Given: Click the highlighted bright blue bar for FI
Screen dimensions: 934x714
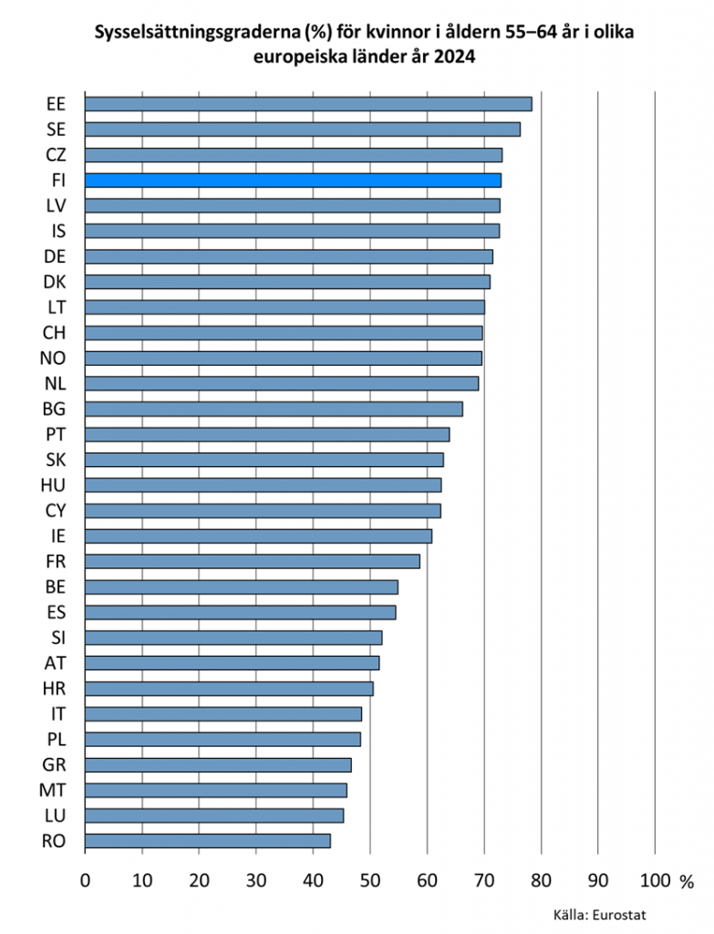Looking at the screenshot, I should [293, 181].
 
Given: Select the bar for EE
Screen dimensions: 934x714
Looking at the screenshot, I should [308, 104].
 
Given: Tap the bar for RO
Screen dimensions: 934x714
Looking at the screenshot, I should [208, 841].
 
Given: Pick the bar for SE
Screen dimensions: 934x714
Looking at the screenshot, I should [303, 130].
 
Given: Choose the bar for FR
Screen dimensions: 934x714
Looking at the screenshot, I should [253, 561].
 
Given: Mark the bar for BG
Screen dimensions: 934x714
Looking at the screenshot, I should [274, 409].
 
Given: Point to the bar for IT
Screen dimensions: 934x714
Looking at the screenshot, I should [223, 713].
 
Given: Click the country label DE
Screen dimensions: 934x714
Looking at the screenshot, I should [54, 256].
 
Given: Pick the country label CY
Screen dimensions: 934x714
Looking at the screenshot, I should [54, 510].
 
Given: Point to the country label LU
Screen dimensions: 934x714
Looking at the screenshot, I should [54, 815].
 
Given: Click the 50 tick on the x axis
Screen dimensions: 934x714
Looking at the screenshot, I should [370, 881].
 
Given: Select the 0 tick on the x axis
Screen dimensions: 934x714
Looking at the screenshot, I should [86, 881].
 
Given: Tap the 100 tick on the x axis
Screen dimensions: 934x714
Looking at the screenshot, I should [654, 881].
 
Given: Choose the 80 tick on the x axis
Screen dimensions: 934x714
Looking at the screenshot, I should [541, 881].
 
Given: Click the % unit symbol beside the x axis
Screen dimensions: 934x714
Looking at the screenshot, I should [687, 883].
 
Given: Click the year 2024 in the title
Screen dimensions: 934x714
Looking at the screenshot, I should [453, 57].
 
